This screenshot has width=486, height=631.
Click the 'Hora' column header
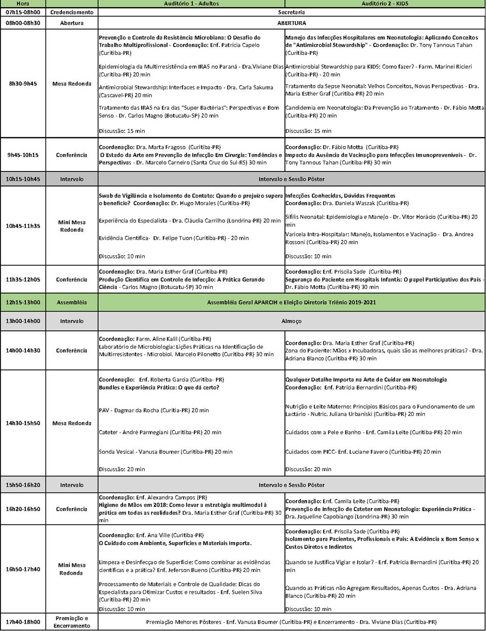(23, 4)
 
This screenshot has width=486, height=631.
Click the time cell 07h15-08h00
(23, 12)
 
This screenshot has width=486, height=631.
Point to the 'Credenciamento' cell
(72, 12)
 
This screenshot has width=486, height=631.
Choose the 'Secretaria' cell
(291, 12)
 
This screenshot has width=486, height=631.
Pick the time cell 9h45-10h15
(23, 155)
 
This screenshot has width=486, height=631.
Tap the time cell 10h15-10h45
(23, 179)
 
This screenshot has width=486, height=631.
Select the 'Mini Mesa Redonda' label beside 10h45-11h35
(72, 226)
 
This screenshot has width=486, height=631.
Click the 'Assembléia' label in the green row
(72, 302)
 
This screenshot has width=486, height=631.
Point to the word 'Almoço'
(291, 321)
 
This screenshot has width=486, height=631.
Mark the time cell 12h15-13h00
(23, 302)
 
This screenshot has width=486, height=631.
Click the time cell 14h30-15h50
(23, 423)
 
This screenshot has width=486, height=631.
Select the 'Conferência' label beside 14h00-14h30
(72, 350)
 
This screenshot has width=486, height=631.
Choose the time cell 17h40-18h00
(23, 622)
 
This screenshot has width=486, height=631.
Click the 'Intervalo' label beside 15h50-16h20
(72, 485)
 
